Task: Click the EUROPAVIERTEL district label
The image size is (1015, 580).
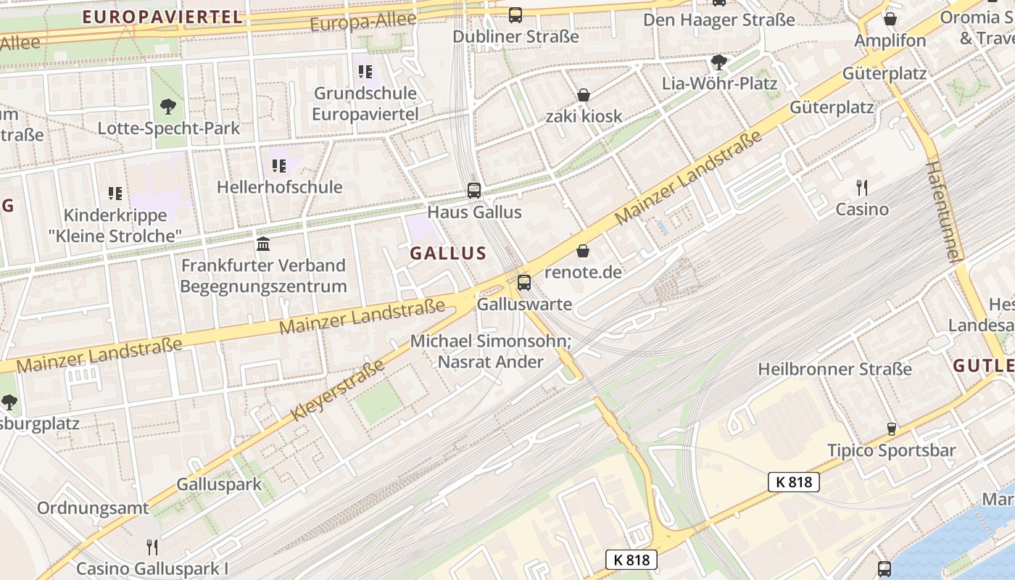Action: pos(162,17)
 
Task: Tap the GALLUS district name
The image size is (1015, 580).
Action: pos(448,253)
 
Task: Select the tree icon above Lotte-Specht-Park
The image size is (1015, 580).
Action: pos(168,107)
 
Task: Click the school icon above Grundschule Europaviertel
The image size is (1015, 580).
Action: pos(365,72)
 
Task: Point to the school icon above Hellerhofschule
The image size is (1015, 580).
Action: pos(279,166)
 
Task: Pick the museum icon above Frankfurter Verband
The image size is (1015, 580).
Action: pos(263,244)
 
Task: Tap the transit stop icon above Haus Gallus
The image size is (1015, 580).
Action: pos(474,191)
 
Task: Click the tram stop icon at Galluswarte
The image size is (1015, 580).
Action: pos(524,283)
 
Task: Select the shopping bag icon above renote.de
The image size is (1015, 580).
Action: pos(583,251)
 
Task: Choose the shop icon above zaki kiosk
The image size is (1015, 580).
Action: pos(584,95)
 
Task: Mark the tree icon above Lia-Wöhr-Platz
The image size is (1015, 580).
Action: pos(719,62)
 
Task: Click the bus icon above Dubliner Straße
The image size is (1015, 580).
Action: pos(515,14)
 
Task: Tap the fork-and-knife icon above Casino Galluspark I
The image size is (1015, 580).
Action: pos(152,547)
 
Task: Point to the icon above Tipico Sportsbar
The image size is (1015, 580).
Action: pos(892,428)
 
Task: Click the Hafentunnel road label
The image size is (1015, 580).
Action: pos(943,212)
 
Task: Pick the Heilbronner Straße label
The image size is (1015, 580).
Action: pos(835,369)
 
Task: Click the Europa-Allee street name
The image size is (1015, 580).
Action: pos(363,22)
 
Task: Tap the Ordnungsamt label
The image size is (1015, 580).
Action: pos(93,508)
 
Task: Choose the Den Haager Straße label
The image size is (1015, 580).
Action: pos(719,20)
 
